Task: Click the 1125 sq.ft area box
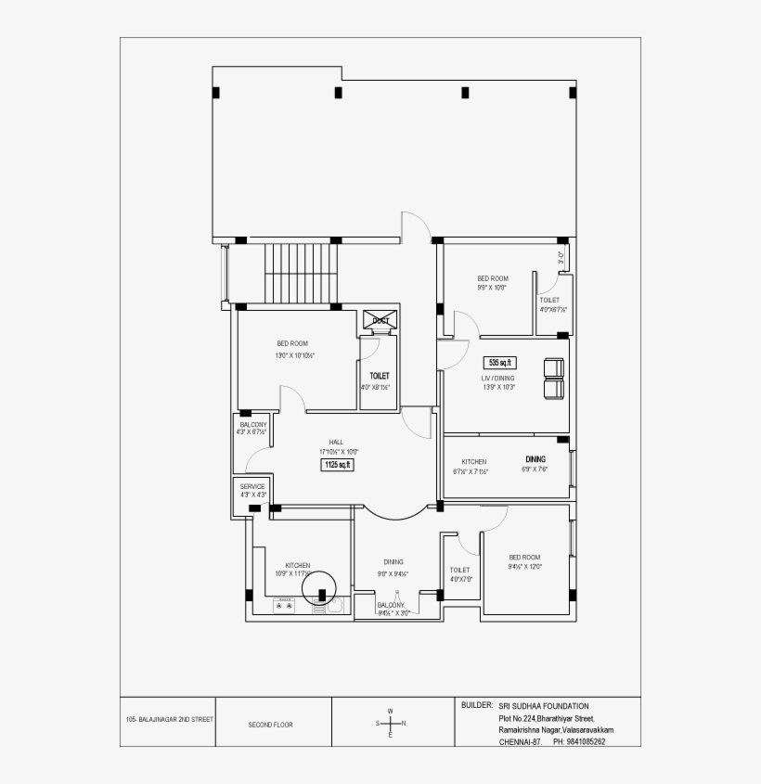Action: point(337,464)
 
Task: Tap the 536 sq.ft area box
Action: point(500,362)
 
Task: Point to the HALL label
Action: point(336,442)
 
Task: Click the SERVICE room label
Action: point(252,486)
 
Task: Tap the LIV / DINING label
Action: point(497,378)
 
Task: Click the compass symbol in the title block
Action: point(391,723)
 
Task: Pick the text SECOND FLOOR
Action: point(270,724)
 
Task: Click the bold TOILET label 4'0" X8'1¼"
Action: point(378,376)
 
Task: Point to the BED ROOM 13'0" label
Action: point(291,343)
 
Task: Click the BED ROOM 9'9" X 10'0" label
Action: point(492,278)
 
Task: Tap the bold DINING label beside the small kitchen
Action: point(535,459)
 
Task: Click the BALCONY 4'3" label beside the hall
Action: point(252,425)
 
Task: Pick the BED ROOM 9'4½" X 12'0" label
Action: point(524,558)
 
